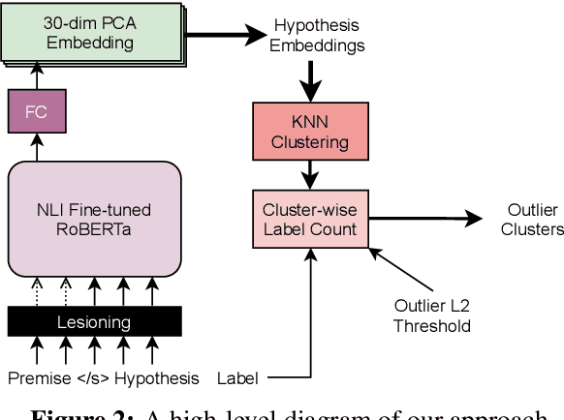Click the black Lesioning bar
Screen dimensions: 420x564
tap(94, 321)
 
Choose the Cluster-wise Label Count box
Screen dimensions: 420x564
tap(310, 220)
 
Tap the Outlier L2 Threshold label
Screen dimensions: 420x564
tap(432, 315)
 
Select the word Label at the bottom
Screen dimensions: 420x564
tap(237, 377)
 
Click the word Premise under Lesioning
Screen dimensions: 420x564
tap(39, 377)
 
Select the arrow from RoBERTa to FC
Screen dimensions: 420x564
tap(38, 147)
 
